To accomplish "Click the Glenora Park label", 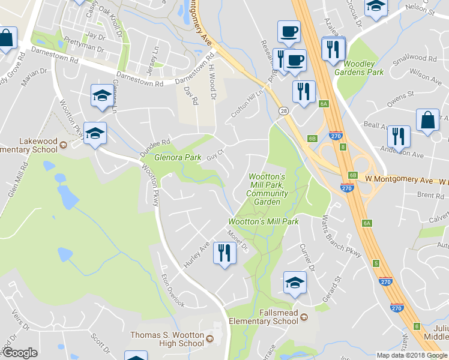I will tap(178, 158).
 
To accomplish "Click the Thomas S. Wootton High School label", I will tap(168, 339).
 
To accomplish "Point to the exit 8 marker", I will tap(342, 146).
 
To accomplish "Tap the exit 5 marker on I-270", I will tap(375, 263).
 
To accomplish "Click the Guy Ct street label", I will tap(215, 154).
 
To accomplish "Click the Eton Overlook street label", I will tap(173, 290).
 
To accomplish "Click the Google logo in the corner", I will tap(20, 353).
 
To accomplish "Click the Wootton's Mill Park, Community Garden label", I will tap(267, 189).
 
